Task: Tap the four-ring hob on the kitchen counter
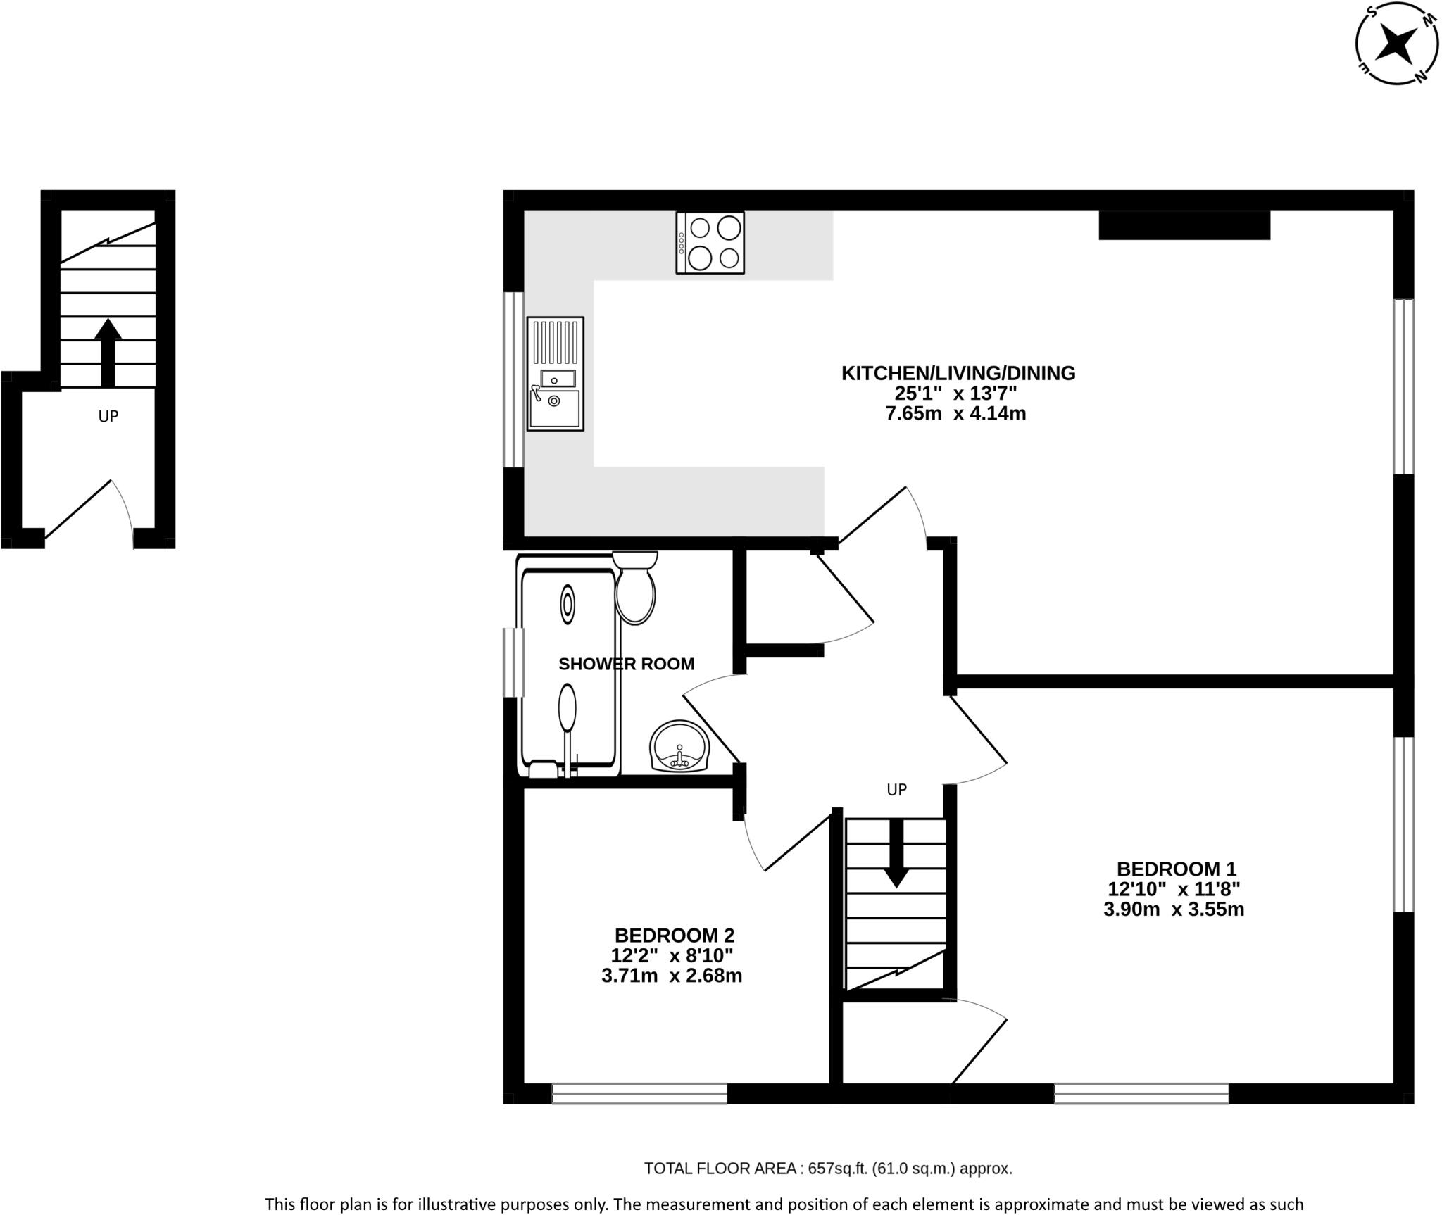710,243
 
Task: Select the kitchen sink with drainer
555,374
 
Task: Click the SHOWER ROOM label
626,664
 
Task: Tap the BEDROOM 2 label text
674,936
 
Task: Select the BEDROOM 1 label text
1176,869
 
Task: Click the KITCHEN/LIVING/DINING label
958,373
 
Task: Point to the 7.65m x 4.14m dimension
955,414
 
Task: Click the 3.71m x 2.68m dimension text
672,976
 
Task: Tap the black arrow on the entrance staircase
107,352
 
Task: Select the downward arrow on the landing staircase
896,853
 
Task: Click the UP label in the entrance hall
108,417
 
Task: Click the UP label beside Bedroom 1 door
896,790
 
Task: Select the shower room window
513,662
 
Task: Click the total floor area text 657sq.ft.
828,1169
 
